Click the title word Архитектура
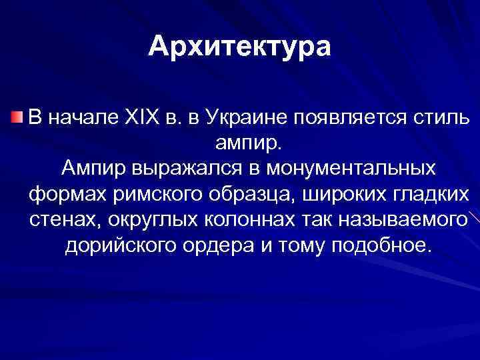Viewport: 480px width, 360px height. (239, 46)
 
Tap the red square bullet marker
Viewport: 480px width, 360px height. (17, 118)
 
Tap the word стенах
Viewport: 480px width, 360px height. (58, 219)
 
